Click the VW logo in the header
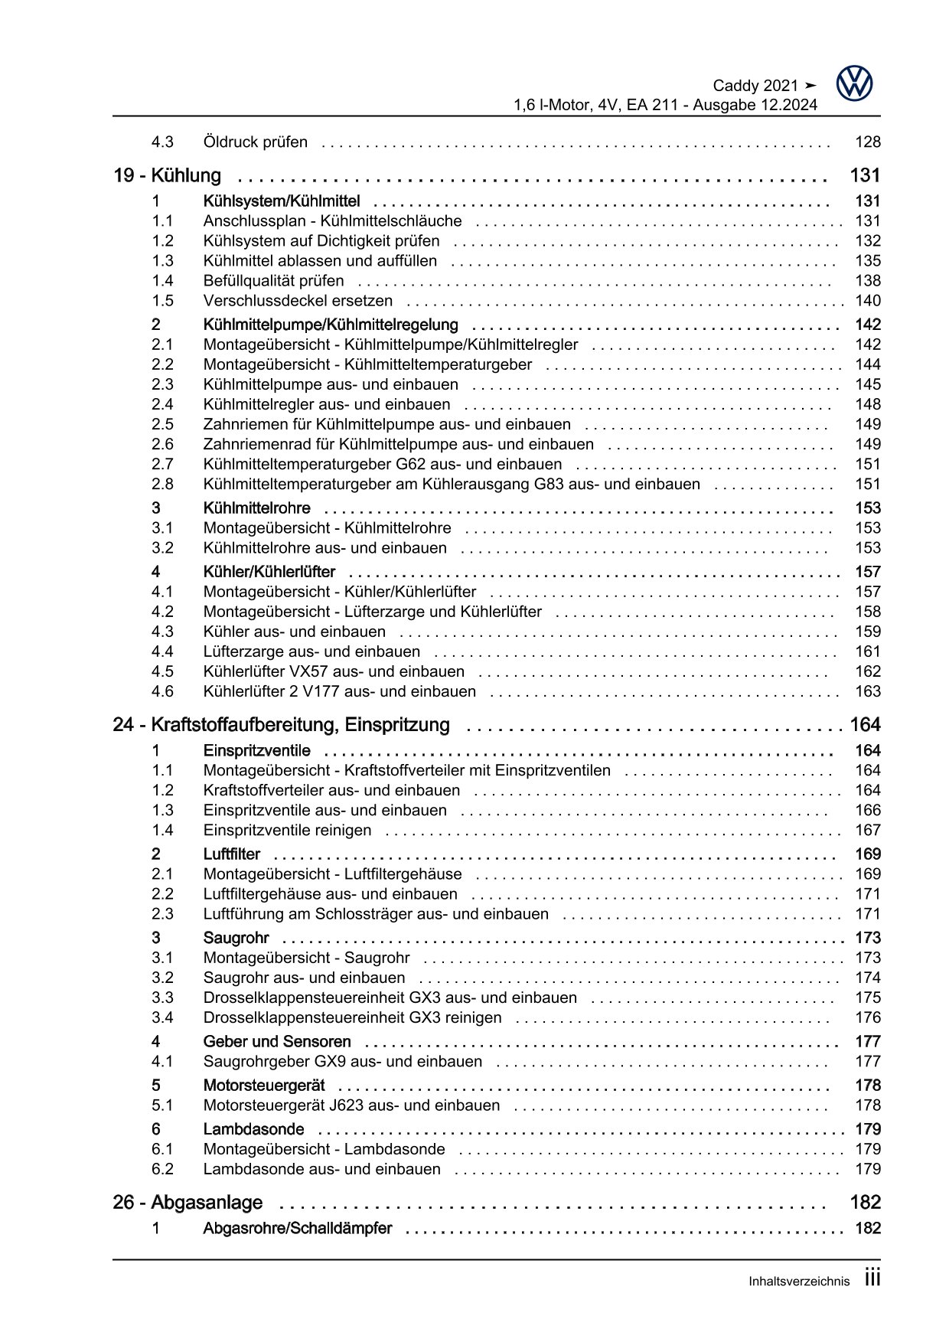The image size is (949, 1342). (x=854, y=83)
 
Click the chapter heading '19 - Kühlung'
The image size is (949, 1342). (x=167, y=175)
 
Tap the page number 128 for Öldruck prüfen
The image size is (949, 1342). (x=867, y=142)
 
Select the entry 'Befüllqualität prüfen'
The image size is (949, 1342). (x=273, y=281)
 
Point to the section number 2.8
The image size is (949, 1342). (x=162, y=484)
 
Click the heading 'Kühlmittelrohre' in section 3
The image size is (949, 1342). (x=256, y=508)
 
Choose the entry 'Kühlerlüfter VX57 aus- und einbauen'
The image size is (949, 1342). (x=334, y=671)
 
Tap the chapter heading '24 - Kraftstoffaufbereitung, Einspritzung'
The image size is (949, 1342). (x=281, y=724)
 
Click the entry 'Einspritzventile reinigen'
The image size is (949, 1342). (x=287, y=830)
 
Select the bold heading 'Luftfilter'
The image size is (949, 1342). (x=231, y=854)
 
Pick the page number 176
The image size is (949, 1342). (x=867, y=1017)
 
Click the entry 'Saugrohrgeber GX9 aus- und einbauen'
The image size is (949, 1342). (x=343, y=1061)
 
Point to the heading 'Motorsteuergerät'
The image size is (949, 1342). (x=263, y=1086)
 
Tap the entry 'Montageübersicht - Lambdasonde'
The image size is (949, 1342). (x=324, y=1149)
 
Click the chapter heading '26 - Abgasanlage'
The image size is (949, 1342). (x=188, y=1203)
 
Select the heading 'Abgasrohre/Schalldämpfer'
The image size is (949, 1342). (x=297, y=1228)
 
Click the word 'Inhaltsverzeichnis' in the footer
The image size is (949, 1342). (x=799, y=1282)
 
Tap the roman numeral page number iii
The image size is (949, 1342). (x=872, y=1279)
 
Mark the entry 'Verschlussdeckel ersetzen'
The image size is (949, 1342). (x=298, y=301)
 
